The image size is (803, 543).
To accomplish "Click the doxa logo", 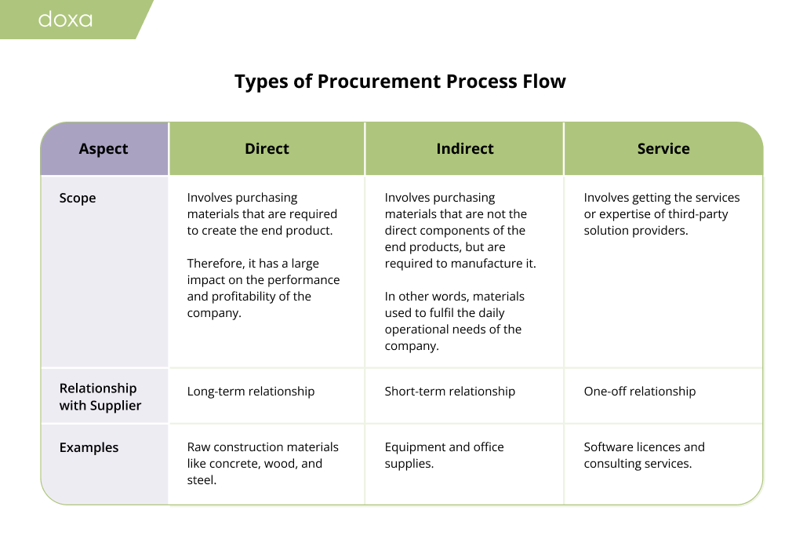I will (x=65, y=19).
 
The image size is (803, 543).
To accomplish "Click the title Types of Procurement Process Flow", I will (x=400, y=82).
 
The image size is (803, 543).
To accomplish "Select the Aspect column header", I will (x=104, y=149).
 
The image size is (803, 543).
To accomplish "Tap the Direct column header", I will (x=267, y=149).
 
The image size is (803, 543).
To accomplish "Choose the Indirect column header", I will (x=465, y=149).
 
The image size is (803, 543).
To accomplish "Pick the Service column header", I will (x=663, y=149).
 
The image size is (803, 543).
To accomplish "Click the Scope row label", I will (x=78, y=199).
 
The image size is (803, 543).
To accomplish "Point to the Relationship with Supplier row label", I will (x=100, y=397).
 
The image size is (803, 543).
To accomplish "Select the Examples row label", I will (x=89, y=448).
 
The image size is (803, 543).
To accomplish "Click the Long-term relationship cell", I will (x=251, y=392).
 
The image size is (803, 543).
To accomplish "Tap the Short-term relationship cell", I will (x=450, y=392).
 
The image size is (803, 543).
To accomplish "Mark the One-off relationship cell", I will (x=640, y=392).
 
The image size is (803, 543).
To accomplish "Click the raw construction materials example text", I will (x=263, y=463).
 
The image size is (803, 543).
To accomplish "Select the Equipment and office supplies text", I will (x=444, y=455).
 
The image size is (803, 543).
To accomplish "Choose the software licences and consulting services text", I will (x=644, y=455).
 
